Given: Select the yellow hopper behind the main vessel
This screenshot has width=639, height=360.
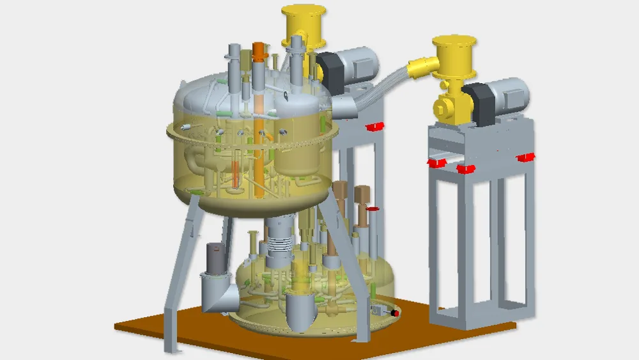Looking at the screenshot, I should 305,22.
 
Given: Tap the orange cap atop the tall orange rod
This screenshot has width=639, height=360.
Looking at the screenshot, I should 258,49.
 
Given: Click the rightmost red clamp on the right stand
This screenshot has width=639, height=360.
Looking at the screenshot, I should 527,157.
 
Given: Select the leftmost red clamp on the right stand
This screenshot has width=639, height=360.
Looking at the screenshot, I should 436,164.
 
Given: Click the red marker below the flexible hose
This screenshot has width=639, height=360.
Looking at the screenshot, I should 376,126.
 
